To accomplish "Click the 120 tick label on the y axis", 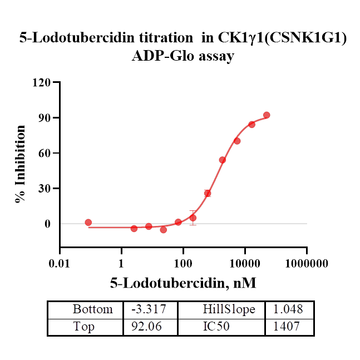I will [x=43, y=82].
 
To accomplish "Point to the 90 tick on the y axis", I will [x=45, y=118].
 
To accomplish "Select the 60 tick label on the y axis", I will [x=45, y=153].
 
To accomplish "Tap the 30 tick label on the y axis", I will [x=45, y=189].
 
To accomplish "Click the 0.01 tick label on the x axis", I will [x=60, y=263].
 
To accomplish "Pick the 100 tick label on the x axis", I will [x=183, y=263].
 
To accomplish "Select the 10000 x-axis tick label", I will [x=244, y=263].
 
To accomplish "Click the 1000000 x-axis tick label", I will [x=306, y=263].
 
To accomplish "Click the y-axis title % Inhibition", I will [x=21, y=164].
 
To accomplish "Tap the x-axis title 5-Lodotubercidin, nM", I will [x=183, y=283].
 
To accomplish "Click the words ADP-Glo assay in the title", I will [x=183, y=56].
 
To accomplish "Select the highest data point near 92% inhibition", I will [x=267, y=115].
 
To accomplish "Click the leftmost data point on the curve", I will [x=88, y=223].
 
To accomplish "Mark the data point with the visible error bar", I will [x=193, y=218].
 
